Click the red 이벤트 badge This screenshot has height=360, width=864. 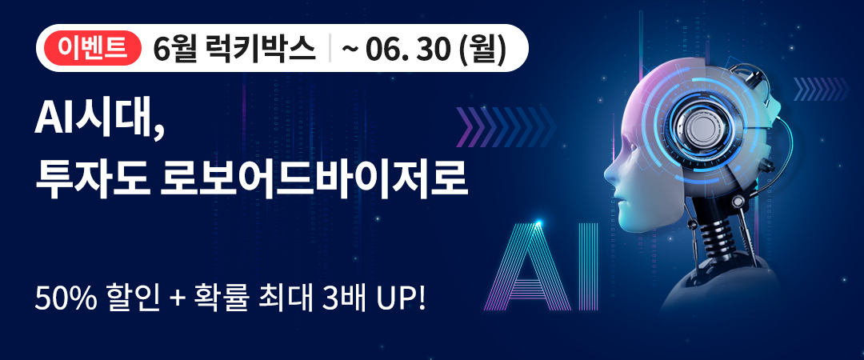[x=92, y=49]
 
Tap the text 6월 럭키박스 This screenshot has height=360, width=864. [x=234, y=49]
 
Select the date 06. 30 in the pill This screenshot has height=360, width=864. [x=405, y=50]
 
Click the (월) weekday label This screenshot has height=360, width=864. [x=480, y=50]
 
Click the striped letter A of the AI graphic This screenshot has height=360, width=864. [x=529, y=264]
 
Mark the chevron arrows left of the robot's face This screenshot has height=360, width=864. [x=506, y=126]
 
